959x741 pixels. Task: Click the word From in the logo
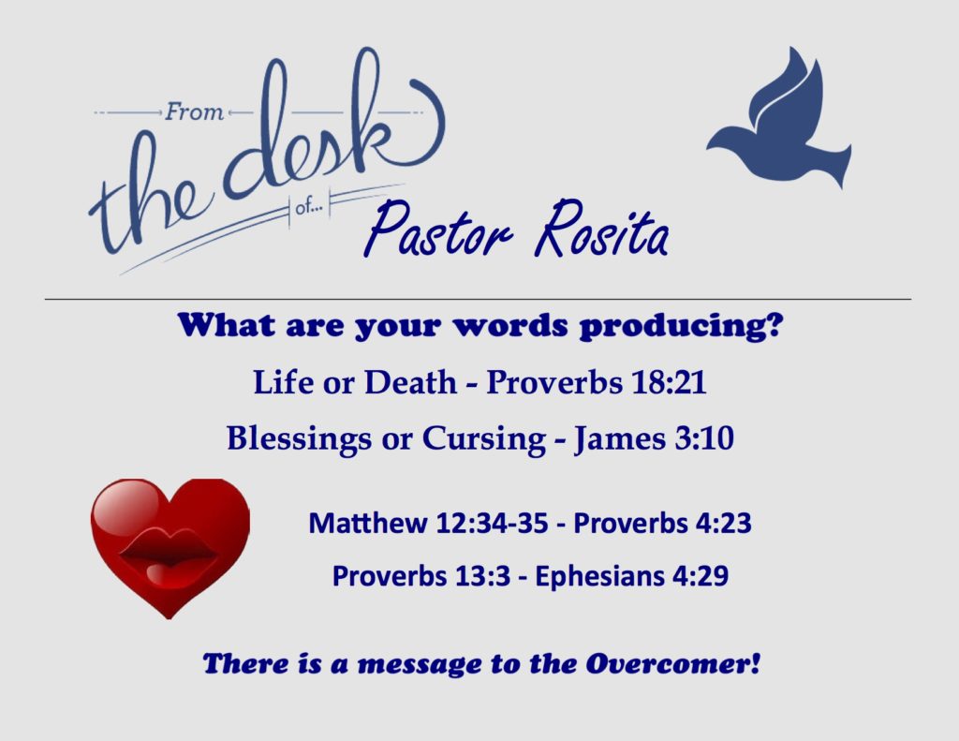194,112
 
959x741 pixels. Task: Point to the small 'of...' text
308,208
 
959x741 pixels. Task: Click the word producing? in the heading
681,326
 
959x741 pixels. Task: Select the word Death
410,383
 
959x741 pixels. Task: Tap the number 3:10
704,438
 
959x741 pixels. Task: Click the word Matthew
367,523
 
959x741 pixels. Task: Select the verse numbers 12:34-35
492,523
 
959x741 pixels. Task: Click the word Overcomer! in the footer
672,663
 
